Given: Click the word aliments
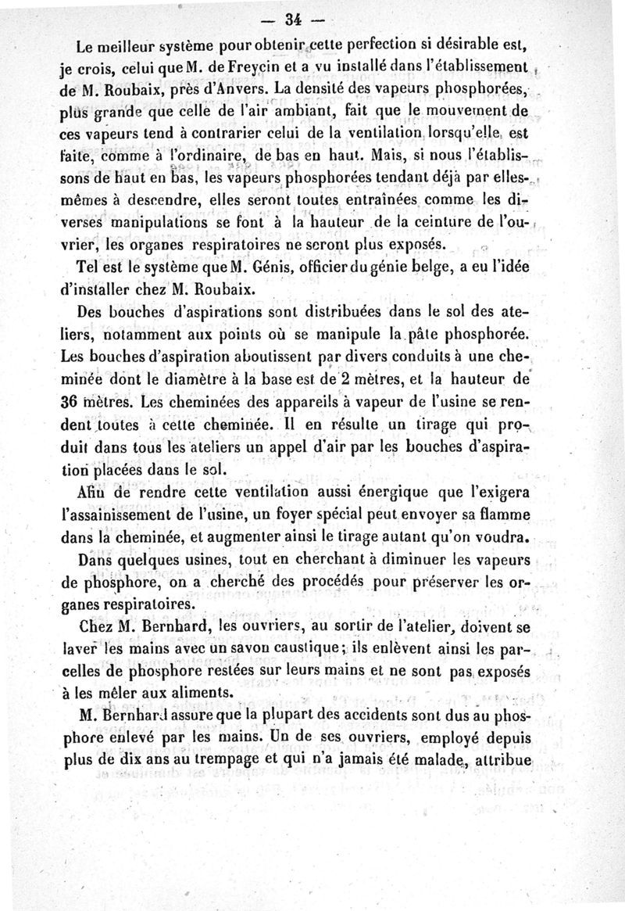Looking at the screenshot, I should coord(179,692).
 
